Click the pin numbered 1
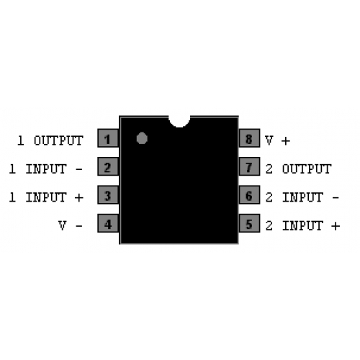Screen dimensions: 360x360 pyautogui.click(x=108, y=138)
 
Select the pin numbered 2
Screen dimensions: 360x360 pyautogui.click(x=108, y=166)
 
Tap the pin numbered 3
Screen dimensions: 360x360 pyautogui.click(x=108, y=194)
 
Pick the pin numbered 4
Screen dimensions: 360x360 pyautogui.click(x=108, y=223)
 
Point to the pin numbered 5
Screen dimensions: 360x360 pyautogui.click(x=250, y=223)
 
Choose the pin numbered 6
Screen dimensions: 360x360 pyautogui.click(x=250, y=194)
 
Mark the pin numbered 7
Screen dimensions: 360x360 pyautogui.click(x=250, y=166)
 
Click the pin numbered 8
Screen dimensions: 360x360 pyautogui.click(x=250, y=138)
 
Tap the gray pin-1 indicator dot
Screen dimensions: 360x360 pyautogui.click(x=142, y=138)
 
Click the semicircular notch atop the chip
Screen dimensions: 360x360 pyautogui.click(x=179, y=122)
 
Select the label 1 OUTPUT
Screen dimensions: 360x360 pyautogui.click(x=50, y=140)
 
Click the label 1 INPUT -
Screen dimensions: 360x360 pyautogui.click(x=46, y=168)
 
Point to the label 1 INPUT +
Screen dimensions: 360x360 pyautogui.click(x=46, y=197)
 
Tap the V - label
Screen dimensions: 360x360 pyautogui.click(x=71, y=225)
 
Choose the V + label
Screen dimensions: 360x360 pyautogui.click(x=278, y=140)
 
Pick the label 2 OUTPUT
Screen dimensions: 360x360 pyautogui.click(x=299, y=168)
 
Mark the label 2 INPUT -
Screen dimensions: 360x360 pyautogui.click(x=302, y=197)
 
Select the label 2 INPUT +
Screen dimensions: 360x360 pyautogui.click(x=302, y=225)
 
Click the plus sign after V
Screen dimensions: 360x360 pyautogui.click(x=286, y=141)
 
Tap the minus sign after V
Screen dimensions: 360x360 pyautogui.click(x=79, y=226)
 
